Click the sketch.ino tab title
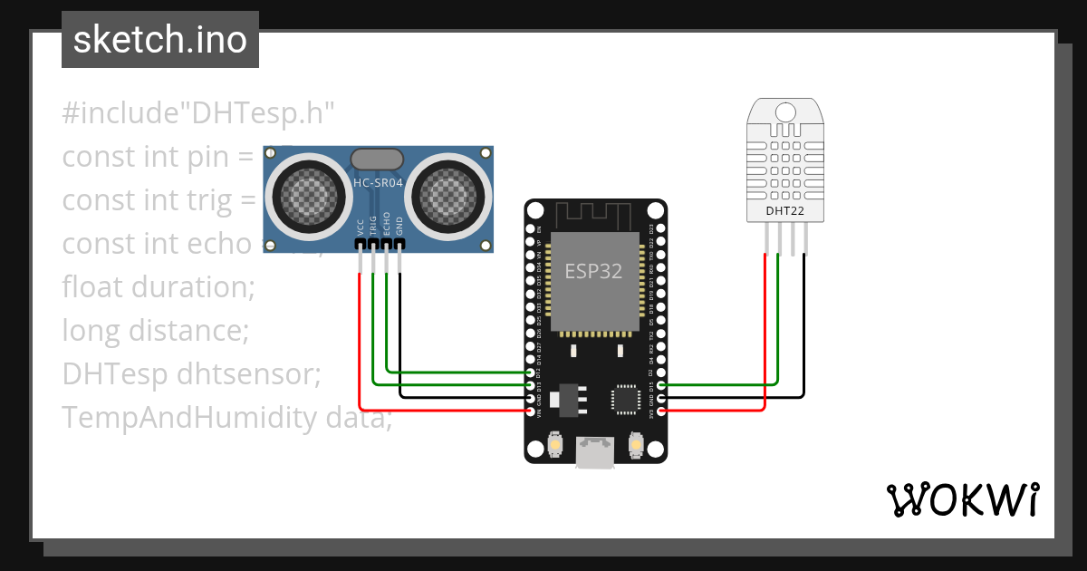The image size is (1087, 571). coord(160,40)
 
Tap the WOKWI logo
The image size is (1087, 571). coord(962,499)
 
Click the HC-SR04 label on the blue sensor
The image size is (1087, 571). coord(378,183)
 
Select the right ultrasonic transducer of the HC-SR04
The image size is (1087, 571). coord(450,193)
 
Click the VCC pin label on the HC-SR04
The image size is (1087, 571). coord(361,227)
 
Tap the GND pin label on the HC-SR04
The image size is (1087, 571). coord(399,227)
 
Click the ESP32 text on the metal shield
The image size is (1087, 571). coord(593,271)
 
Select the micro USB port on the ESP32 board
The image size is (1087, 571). coord(595,453)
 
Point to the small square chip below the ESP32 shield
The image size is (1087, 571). coord(626,399)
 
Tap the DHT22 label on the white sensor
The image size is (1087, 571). coord(784,212)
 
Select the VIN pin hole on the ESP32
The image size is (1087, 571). coord(531,411)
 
